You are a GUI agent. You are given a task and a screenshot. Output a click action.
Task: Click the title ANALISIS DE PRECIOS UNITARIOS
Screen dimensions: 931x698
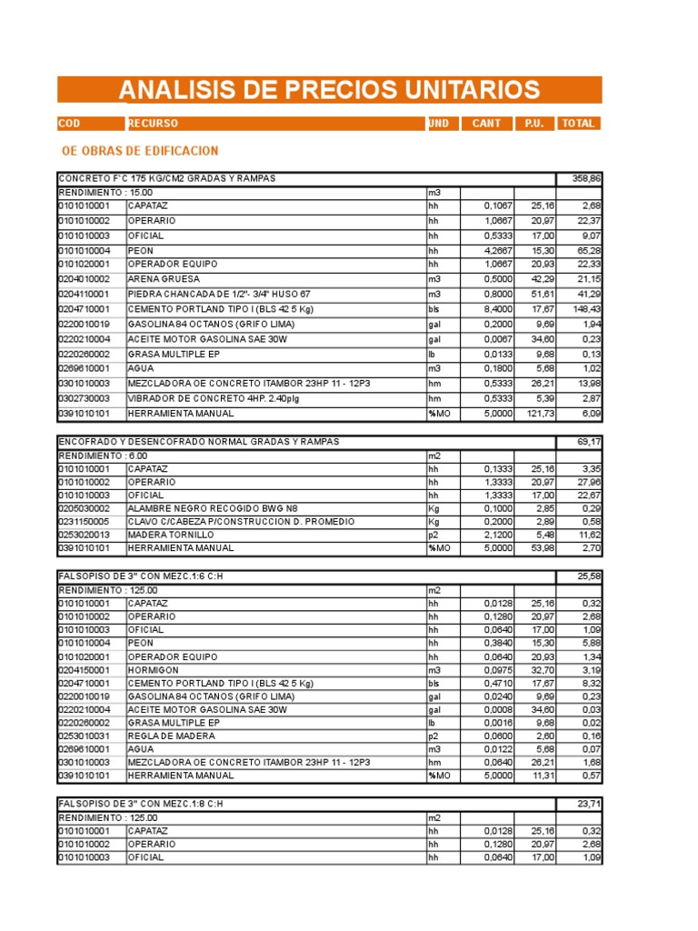click(x=329, y=90)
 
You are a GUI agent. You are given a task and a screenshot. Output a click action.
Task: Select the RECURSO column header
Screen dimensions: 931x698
click(x=153, y=124)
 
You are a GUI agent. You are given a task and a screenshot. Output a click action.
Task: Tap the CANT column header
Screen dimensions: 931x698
click(x=486, y=124)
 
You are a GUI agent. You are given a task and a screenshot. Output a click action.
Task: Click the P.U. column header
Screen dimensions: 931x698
click(x=533, y=124)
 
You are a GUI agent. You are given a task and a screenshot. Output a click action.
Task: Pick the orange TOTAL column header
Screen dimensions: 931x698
click(x=578, y=124)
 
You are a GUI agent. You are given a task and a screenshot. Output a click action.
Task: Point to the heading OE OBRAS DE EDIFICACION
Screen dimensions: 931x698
click(x=139, y=150)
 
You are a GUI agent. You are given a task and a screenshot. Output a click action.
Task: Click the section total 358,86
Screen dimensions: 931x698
click(x=584, y=178)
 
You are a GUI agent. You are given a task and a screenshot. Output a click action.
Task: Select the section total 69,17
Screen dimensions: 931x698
click(x=588, y=442)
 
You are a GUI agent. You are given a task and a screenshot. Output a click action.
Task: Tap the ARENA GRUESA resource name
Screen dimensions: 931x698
click(x=163, y=279)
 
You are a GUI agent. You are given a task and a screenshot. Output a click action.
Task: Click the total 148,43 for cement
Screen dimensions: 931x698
click(x=583, y=308)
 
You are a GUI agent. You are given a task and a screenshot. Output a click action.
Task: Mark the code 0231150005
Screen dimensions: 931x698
click(x=84, y=522)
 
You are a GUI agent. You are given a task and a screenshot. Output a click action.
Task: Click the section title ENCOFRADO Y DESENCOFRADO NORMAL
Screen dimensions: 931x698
click(x=198, y=442)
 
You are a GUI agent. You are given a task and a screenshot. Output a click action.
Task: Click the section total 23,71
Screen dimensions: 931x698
click(x=588, y=804)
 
